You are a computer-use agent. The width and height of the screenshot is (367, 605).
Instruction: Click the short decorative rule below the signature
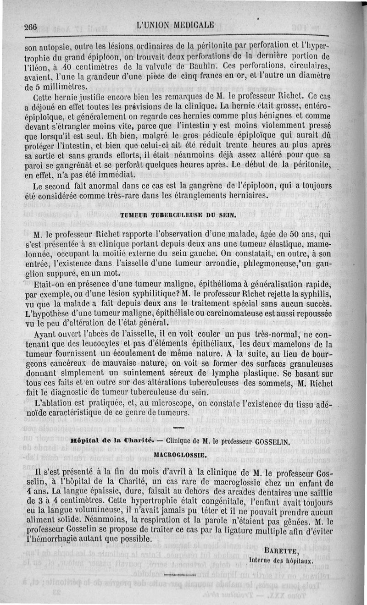click(x=179, y=574)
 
